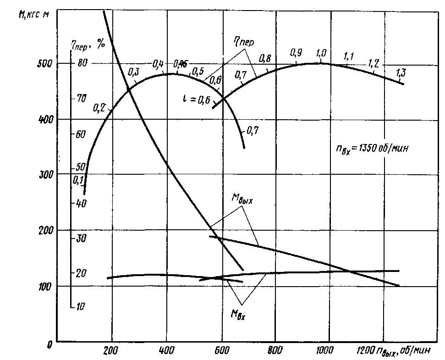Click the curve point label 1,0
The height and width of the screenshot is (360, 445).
click(x=321, y=53)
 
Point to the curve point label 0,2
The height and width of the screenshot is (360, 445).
click(x=99, y=108)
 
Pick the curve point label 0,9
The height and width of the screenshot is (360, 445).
click(x=296, y=53)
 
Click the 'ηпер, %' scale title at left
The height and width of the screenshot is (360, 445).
click(x=88, y=44)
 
